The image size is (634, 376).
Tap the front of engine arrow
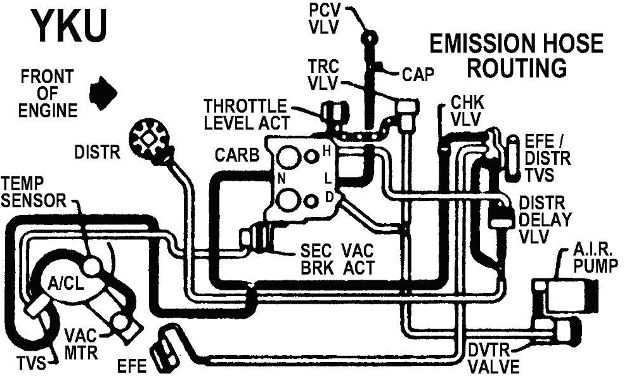click(x=103, y=93)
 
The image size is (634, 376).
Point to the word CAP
click(x=417, y=75)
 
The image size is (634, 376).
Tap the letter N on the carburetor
click(x=281, y=179)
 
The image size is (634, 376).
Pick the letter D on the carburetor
click(x=329, y=197)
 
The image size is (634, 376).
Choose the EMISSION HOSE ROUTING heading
click(x=517, y=55)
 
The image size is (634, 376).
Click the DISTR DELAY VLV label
click(x=545, y=220)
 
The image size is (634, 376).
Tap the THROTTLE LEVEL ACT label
click(x=246, y=114)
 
